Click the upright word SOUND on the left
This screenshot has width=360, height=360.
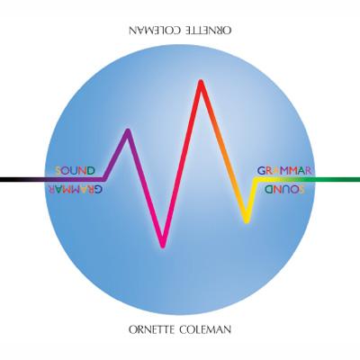(76, 171)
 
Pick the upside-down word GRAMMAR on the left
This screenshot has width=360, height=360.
(75, 189)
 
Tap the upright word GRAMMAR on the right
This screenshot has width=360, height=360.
(285, 171)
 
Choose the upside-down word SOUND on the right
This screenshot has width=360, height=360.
(285, 189)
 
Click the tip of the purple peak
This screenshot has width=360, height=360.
(128, 130)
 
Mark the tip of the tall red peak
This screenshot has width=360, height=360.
(201, 82)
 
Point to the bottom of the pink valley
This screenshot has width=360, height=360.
(163, 246)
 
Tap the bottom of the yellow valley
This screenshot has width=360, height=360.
(247, 221)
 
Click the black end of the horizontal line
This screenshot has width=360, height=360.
(1, 179)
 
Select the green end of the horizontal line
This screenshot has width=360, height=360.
(358, 179)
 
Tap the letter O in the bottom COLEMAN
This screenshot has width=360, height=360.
(193, 329)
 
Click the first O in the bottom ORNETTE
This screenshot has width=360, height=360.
(133, 329)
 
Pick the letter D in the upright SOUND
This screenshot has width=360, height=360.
(91, 171)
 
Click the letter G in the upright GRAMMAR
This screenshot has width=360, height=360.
(261, 171)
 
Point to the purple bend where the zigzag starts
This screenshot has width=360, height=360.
(104, 179)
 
